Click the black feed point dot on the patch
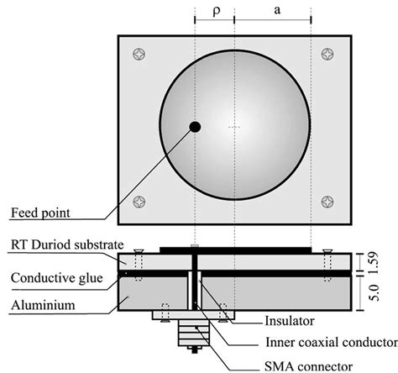[195, 127]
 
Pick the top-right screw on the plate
[327, 56]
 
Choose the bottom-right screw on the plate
[327, 202]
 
